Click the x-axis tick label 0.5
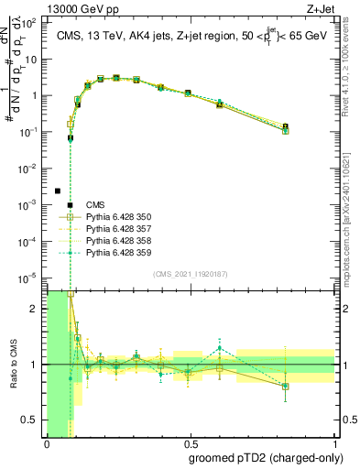191,445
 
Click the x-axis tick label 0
47,445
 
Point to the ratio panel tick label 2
37,309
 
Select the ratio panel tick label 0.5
32,420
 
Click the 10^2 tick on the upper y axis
32,22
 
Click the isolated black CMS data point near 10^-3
58,191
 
